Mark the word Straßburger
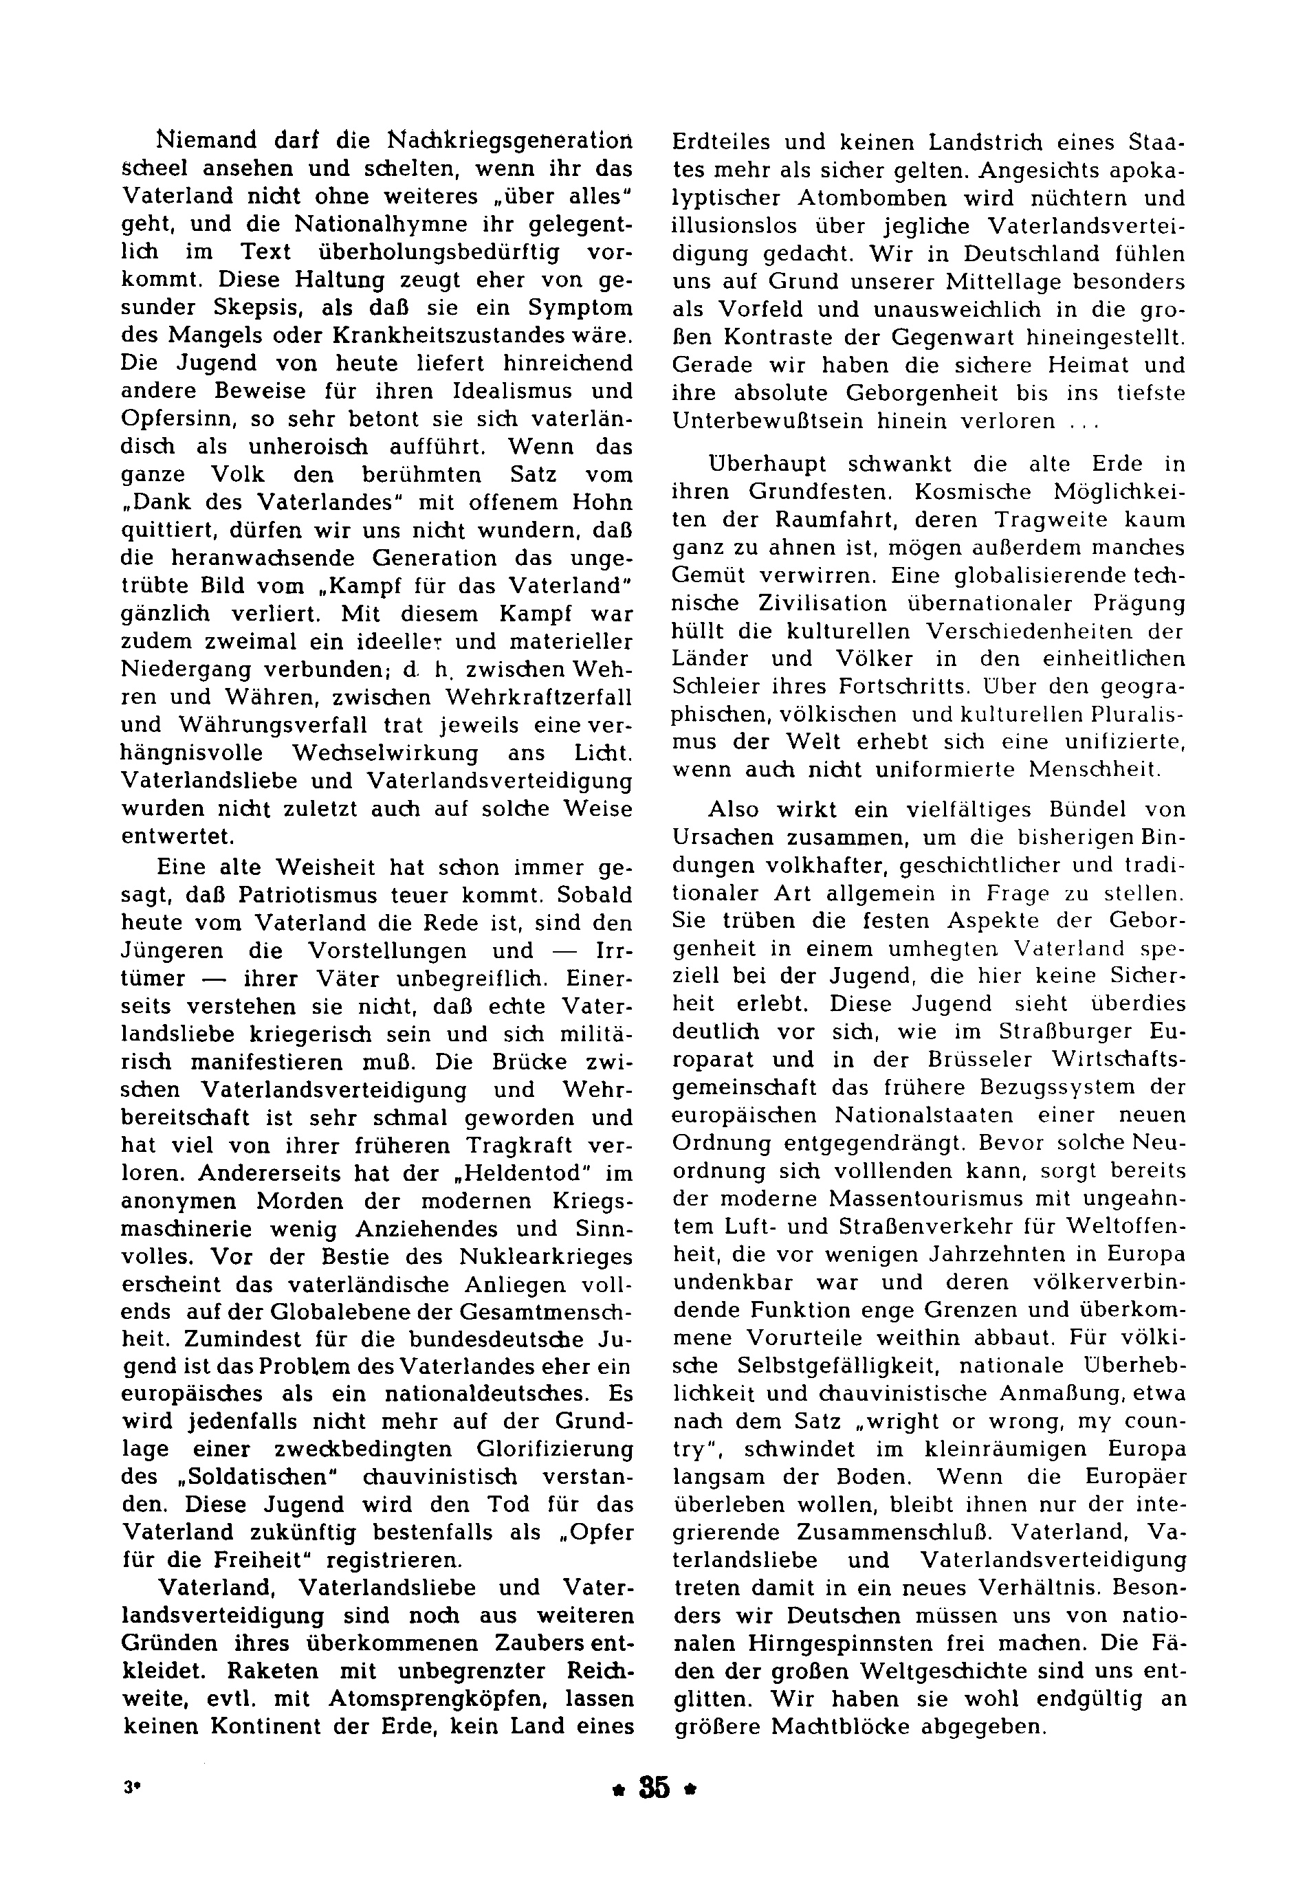click(x=1050, y=1032)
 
